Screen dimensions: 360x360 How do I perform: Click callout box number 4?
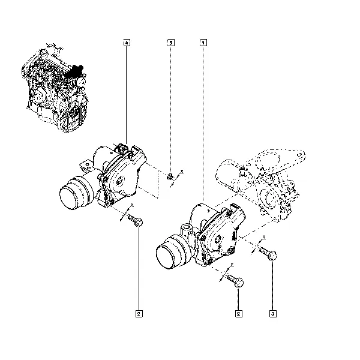click(127, 43)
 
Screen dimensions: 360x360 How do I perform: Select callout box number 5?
click(171, 43)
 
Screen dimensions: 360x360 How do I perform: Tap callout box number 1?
click(203, 43)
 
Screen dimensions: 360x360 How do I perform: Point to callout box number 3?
click(273, 314)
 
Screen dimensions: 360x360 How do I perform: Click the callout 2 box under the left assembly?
click(139, 314)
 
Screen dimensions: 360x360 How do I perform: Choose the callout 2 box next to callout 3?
click(239, 314)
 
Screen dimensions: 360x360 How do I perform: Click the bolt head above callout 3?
click(272, 256)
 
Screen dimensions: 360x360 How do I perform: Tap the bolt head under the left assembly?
click(139, 222)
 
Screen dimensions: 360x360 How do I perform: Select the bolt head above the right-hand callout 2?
click(239, 283)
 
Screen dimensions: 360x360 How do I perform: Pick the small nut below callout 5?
click(170, 176)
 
